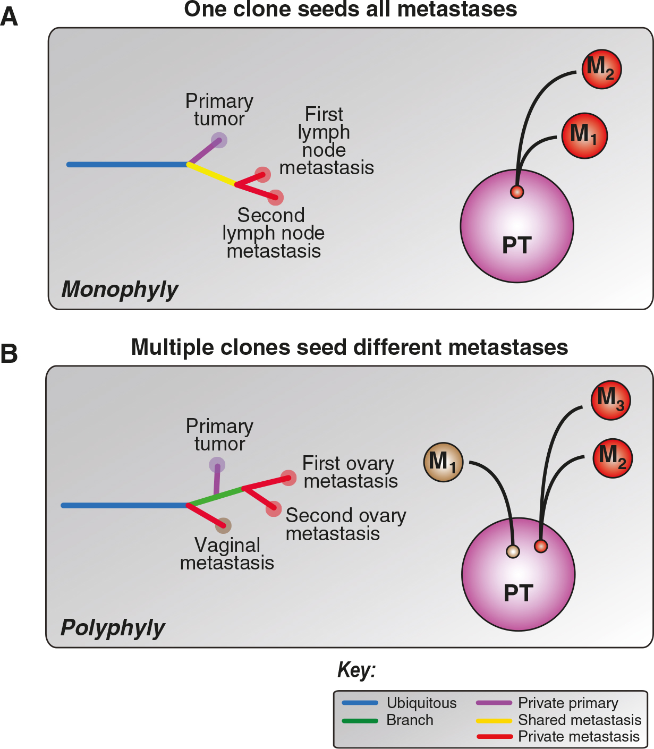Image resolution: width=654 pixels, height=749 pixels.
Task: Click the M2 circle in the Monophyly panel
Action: [601, 69]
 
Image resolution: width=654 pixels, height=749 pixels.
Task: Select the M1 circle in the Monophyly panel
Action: [584, 135]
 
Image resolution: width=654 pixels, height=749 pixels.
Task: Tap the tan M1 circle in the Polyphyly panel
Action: [443, 462]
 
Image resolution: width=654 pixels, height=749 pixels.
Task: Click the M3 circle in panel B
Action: [610, 400]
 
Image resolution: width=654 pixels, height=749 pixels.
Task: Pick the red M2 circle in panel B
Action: [613, 458]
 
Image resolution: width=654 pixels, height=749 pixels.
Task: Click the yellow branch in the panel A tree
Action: [211, 174]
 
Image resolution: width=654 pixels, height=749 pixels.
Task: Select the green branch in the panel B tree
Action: [215, 496]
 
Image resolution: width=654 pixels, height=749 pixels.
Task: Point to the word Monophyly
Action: [120, 290]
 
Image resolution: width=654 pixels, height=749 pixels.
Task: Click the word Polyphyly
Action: [113, 628]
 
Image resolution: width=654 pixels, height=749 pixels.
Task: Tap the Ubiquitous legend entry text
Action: [421, 703]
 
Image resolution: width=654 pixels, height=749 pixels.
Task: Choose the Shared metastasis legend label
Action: [580, 720]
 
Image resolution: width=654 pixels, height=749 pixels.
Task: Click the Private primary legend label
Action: [568, 703]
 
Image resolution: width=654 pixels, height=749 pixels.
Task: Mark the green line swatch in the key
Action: [360, 721]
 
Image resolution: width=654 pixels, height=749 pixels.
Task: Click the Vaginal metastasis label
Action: [227, 554]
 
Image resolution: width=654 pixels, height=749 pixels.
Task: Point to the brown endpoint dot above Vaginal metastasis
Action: [223, 525]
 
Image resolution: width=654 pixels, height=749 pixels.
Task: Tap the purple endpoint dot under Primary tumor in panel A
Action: [219, 140]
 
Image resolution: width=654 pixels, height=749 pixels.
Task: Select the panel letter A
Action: [9, 17]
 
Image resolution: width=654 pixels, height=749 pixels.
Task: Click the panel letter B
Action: [9, 354]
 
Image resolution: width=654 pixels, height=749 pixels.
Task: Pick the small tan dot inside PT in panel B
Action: [513, 551]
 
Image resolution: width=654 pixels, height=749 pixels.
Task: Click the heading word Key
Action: [356, 670]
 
